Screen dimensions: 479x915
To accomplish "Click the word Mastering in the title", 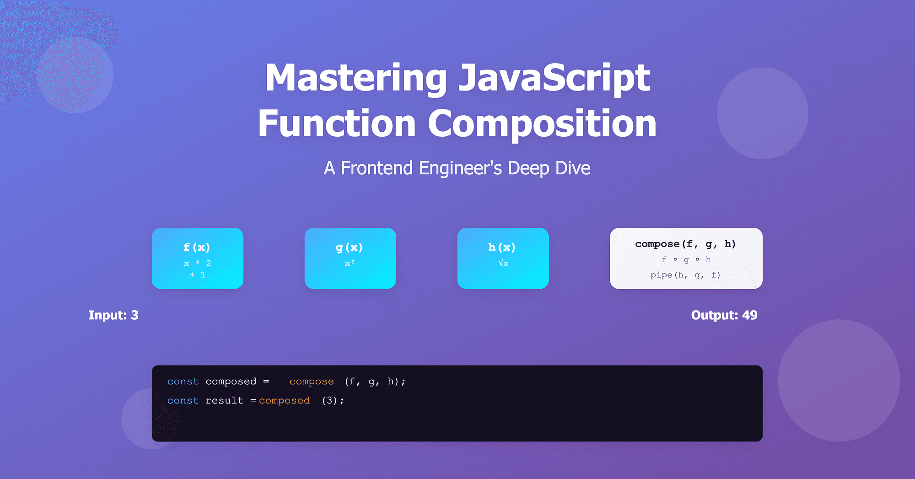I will [x=356, y=78].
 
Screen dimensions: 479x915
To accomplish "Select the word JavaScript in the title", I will [x=554, y=78].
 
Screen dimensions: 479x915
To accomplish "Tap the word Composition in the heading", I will [x=542, y=124].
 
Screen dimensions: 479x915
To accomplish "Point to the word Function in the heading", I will [x=337, y=124].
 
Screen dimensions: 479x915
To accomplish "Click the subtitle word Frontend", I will [x=377, y=168].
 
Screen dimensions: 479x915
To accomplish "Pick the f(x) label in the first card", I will [x=197, y=248].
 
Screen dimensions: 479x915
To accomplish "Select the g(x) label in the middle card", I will [x=350, y=248].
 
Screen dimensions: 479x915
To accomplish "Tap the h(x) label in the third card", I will [x=502, y=248].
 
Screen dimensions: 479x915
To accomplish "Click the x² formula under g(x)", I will [x=350, y=264].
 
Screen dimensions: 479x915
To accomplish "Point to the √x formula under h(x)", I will [x=503, y=263].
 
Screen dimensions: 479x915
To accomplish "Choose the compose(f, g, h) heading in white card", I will [x=685, y=244].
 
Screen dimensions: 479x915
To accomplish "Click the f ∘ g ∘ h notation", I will [x=686, y=260].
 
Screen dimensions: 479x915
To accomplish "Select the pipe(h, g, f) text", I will [x=685, y=275].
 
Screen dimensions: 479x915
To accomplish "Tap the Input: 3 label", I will [x=113, y=315].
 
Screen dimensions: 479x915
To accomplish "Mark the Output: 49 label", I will [x=724, y=315].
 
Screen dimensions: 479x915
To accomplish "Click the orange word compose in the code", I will [x=312, y=382].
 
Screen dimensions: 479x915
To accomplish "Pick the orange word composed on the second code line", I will [x=285, y=401].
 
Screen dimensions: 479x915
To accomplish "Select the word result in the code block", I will [x=224, y=401].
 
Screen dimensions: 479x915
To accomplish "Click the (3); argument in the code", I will [x=333, y=401].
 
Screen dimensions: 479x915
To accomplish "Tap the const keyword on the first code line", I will [x=183, y=382].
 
